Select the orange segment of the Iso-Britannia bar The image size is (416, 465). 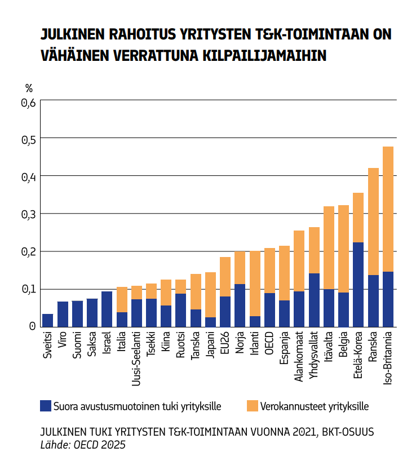tap(388, 209)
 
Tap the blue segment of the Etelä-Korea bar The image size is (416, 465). tap(358, 285)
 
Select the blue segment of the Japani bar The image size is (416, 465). tap(210, 322)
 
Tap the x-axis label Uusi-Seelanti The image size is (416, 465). tap(136, 361)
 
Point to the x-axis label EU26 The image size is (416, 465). tap(225, 344)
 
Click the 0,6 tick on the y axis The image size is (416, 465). tap(28, 103)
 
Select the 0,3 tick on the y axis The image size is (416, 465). tap(28, 214)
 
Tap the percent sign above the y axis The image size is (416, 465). tap(29, 88)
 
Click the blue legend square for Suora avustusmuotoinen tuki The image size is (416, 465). tap(46, 406)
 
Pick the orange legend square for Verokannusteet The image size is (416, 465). tap(252, 406)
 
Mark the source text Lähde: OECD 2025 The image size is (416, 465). tap(83, 445)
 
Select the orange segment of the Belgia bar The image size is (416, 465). tap(343, 249)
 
